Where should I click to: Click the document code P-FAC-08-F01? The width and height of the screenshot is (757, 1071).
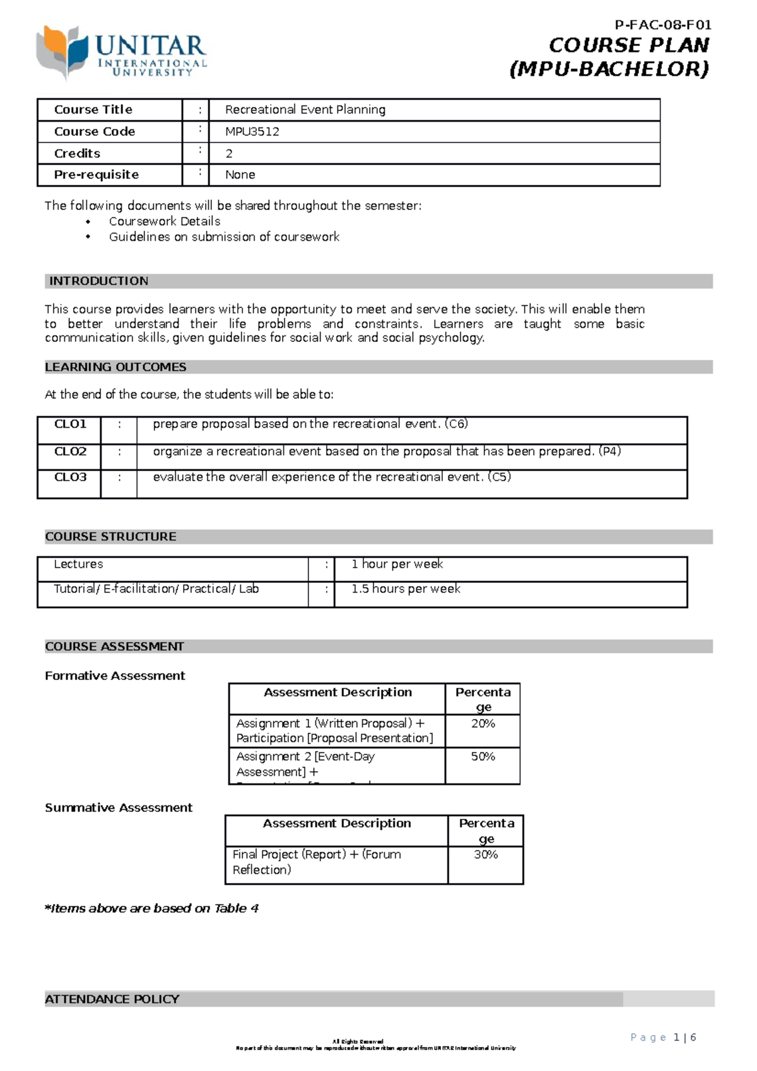[662, 25]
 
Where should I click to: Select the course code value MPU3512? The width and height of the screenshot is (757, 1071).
[252, 132]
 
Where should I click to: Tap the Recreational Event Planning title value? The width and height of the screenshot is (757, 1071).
[305, 110]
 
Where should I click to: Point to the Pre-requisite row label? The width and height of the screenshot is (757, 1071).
[96, 175]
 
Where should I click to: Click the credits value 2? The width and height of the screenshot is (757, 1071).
[229, 153]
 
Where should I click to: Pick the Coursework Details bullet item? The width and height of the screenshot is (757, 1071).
[165, 221]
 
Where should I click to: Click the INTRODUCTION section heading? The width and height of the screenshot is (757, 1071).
[99, 281]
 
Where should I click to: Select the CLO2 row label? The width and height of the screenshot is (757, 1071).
[70, 452]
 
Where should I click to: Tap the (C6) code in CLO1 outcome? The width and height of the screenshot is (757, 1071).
[456, 424]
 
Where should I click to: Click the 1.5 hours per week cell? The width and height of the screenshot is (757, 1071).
[406, 588]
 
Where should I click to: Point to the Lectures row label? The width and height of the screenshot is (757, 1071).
[78, 565]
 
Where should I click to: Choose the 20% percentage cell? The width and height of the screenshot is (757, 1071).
[483, 724]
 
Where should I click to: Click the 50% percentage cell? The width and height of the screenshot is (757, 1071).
[483, 756]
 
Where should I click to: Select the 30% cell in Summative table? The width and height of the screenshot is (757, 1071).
[486, 855]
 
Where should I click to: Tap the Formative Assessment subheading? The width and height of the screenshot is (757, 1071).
[115, 676]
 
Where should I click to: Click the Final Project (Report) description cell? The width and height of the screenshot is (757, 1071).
[317, 862]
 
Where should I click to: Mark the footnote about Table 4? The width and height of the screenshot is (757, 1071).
[151, 908]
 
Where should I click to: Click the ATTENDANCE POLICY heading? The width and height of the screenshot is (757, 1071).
[112, 999]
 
